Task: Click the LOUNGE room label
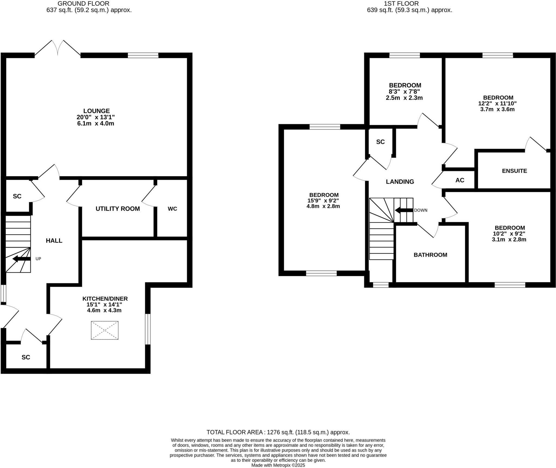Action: tap(96, 111)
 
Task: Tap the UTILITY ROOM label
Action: tap(118, 209)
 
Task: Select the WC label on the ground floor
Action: tap(172, 209)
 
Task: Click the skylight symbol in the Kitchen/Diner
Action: tap(105, 330)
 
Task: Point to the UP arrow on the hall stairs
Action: tap(22, 259)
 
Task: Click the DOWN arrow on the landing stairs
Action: tap(404, 210)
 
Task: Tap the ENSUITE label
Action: tap(514, 171)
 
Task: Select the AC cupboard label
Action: tap(460, 180)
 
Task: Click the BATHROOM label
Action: tap(430, 255)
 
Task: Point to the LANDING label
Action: tap(400, 182)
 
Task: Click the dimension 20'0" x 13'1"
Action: tap(96, 117)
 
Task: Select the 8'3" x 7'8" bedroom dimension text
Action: tap(404, 92)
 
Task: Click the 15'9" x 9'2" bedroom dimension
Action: tap(323, 201)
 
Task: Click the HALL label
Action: tap(54, 241)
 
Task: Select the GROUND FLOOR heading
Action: tap(83, 4)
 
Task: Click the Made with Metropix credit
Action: tap(278, 465)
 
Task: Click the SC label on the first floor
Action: tap(380, 142)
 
